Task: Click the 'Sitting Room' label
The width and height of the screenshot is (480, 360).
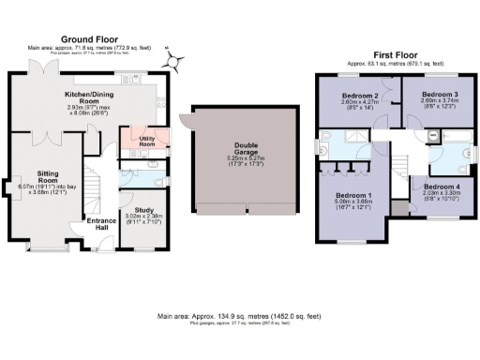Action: [x=48, y=178]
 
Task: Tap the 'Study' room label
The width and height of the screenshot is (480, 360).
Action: [x=143, y=209]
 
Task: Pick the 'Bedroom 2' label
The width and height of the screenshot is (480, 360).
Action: [x=359, y=96]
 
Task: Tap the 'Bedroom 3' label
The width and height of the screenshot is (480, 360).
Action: [x=439, y=96]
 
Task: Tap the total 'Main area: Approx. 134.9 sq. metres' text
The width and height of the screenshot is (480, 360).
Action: [x=241, y=317]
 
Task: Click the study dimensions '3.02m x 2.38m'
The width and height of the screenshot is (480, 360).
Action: [x=143, y=217]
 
